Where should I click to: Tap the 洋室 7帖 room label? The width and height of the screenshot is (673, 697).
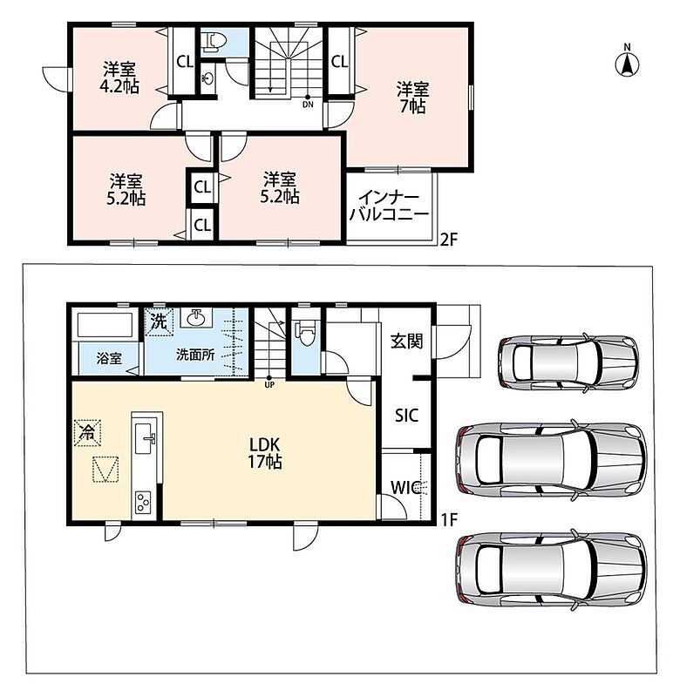click(412, 98)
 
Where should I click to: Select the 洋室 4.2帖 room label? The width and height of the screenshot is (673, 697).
click(119, 78)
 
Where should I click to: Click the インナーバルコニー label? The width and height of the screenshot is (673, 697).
click(389, 206)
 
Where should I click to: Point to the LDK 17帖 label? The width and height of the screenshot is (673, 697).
click(265, 452)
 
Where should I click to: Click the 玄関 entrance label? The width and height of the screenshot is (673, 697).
click(406, 342)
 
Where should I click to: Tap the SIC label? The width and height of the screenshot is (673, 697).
click(406, 416)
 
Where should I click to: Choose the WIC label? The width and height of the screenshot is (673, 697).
click(405, 488)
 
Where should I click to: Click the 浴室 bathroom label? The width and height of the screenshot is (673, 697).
click(109, 358)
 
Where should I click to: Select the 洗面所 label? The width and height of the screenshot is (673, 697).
click(195, 355)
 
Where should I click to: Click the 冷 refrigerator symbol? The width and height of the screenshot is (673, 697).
click(88, 432)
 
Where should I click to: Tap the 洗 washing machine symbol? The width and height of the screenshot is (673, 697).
click(159, 321)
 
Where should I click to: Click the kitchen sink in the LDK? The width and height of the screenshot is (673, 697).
click(145, 438)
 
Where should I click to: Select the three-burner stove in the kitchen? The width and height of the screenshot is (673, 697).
click(143, 503)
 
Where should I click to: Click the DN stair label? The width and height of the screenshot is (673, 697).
click(308, 105)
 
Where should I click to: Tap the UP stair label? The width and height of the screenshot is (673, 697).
click(269, 385)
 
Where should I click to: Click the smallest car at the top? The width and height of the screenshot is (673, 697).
click(568, 362)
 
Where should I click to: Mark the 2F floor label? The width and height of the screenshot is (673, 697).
click(448, 240)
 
